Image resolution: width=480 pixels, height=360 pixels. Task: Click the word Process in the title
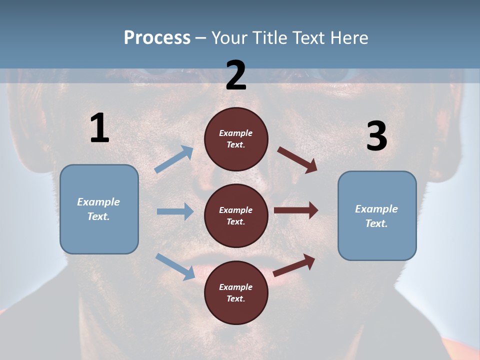click(157, 38)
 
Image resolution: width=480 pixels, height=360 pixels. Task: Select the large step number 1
click(99, 128)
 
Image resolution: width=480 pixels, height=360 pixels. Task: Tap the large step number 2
click(236, 75)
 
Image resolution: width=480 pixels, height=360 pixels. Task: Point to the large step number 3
click(376, 136)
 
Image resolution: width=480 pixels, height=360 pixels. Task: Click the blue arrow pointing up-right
click(174, 159)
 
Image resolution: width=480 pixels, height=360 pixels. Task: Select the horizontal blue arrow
click(175, 211)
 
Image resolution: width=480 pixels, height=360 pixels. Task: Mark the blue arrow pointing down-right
click(175, 266)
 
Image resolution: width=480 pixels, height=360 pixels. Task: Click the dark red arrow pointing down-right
click(297, 160)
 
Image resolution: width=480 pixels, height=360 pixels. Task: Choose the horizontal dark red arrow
click(296, 210)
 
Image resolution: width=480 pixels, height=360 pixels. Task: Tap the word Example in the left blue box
click(98, 202)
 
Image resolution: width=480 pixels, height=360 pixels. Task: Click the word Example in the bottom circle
click(235, 287)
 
